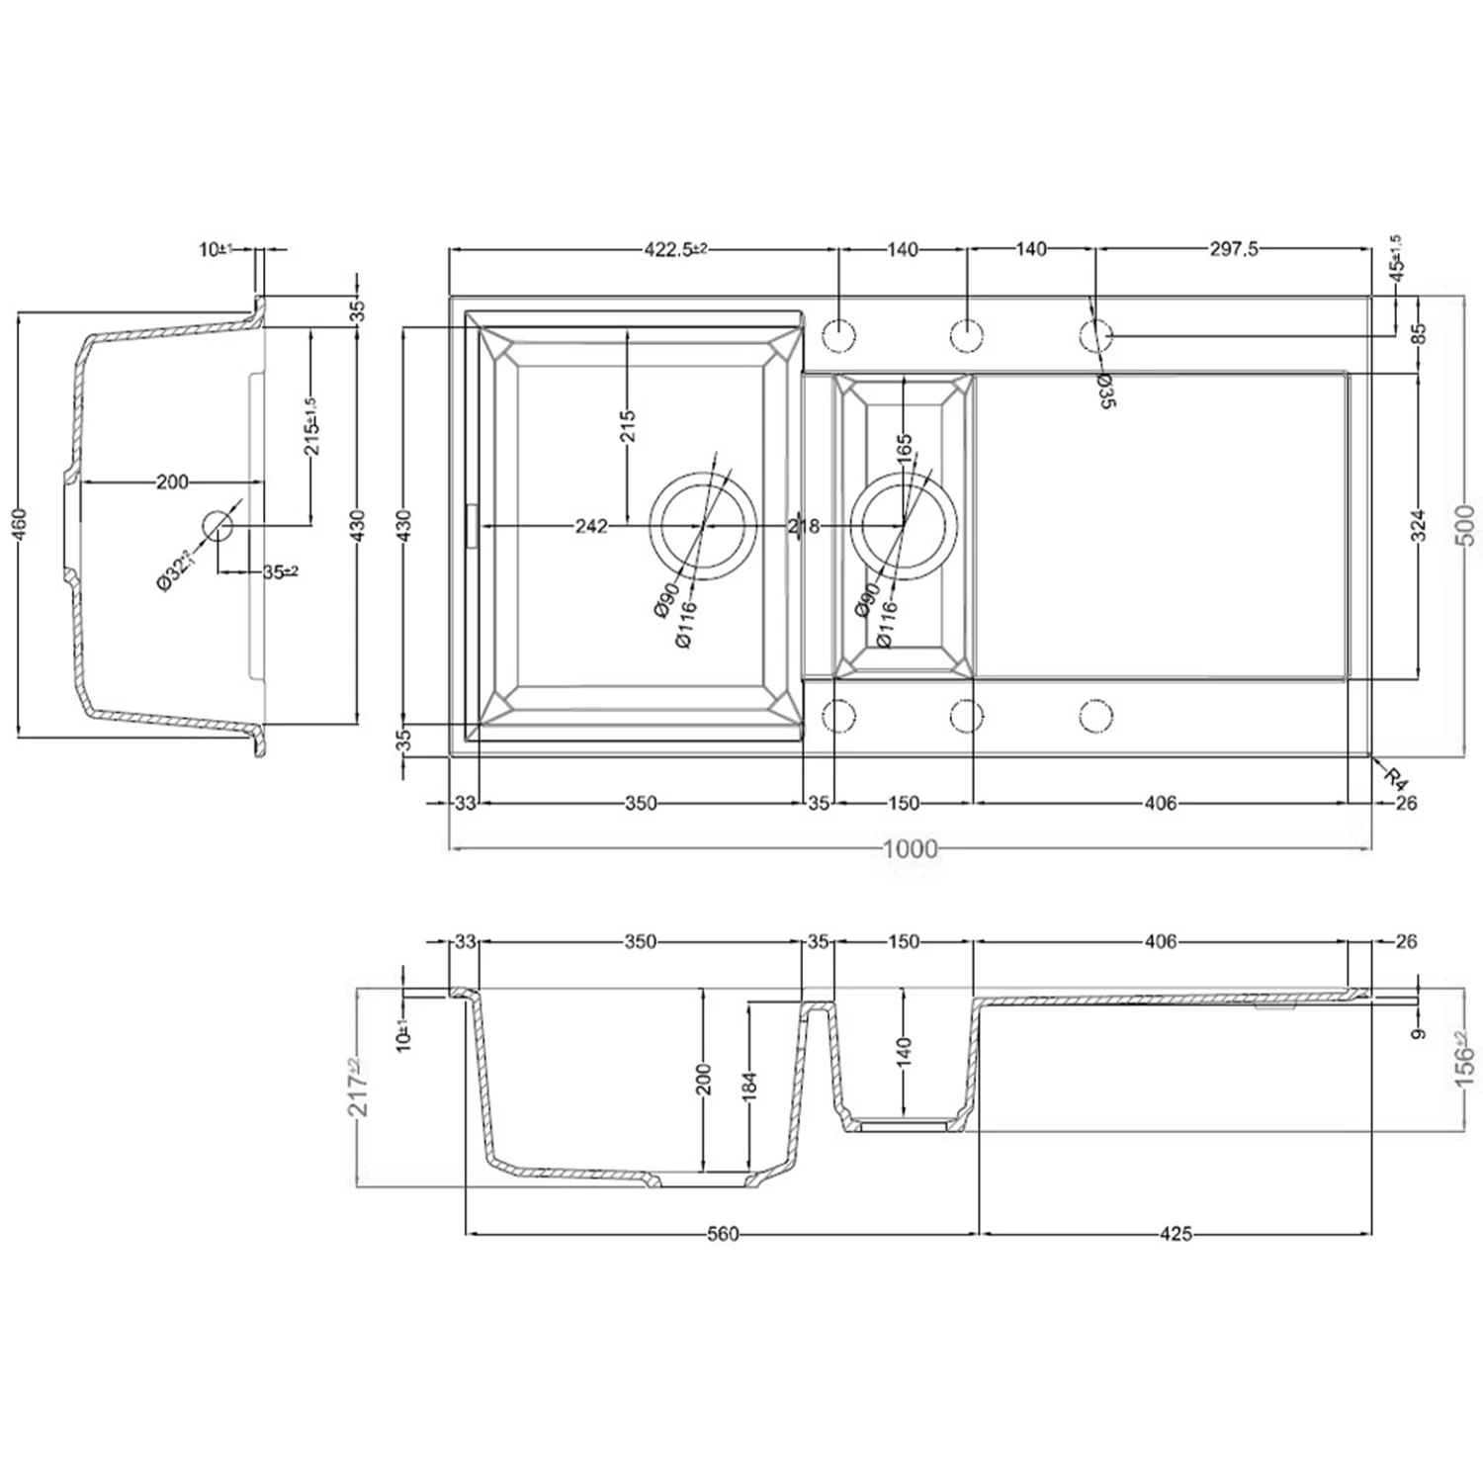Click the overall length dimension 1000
pos(911,848)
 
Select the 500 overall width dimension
pos(1467,525)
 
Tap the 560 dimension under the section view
pos(722,1234)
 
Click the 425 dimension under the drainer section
pos(1176,1234)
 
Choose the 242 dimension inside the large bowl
pos(591,526)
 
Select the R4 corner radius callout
pos(1394,777)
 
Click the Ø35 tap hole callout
pos(1106,391)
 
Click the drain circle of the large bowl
pos(702,525)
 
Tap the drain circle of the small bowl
pos(905,525)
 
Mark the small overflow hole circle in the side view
pos(217,525)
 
